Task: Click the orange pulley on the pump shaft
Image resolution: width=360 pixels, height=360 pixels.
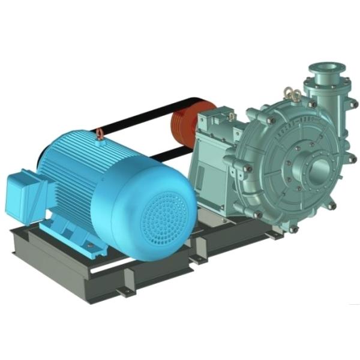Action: (183, 128)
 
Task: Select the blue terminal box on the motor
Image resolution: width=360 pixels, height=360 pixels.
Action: (25, 191)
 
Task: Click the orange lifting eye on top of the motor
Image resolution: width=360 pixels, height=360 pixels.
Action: (100, 134)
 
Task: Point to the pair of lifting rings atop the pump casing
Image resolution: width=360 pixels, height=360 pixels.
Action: (293, 94)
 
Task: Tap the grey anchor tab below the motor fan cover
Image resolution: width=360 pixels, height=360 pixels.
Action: (124, 292)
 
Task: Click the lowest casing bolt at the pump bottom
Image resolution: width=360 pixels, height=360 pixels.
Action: (293, 229)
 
